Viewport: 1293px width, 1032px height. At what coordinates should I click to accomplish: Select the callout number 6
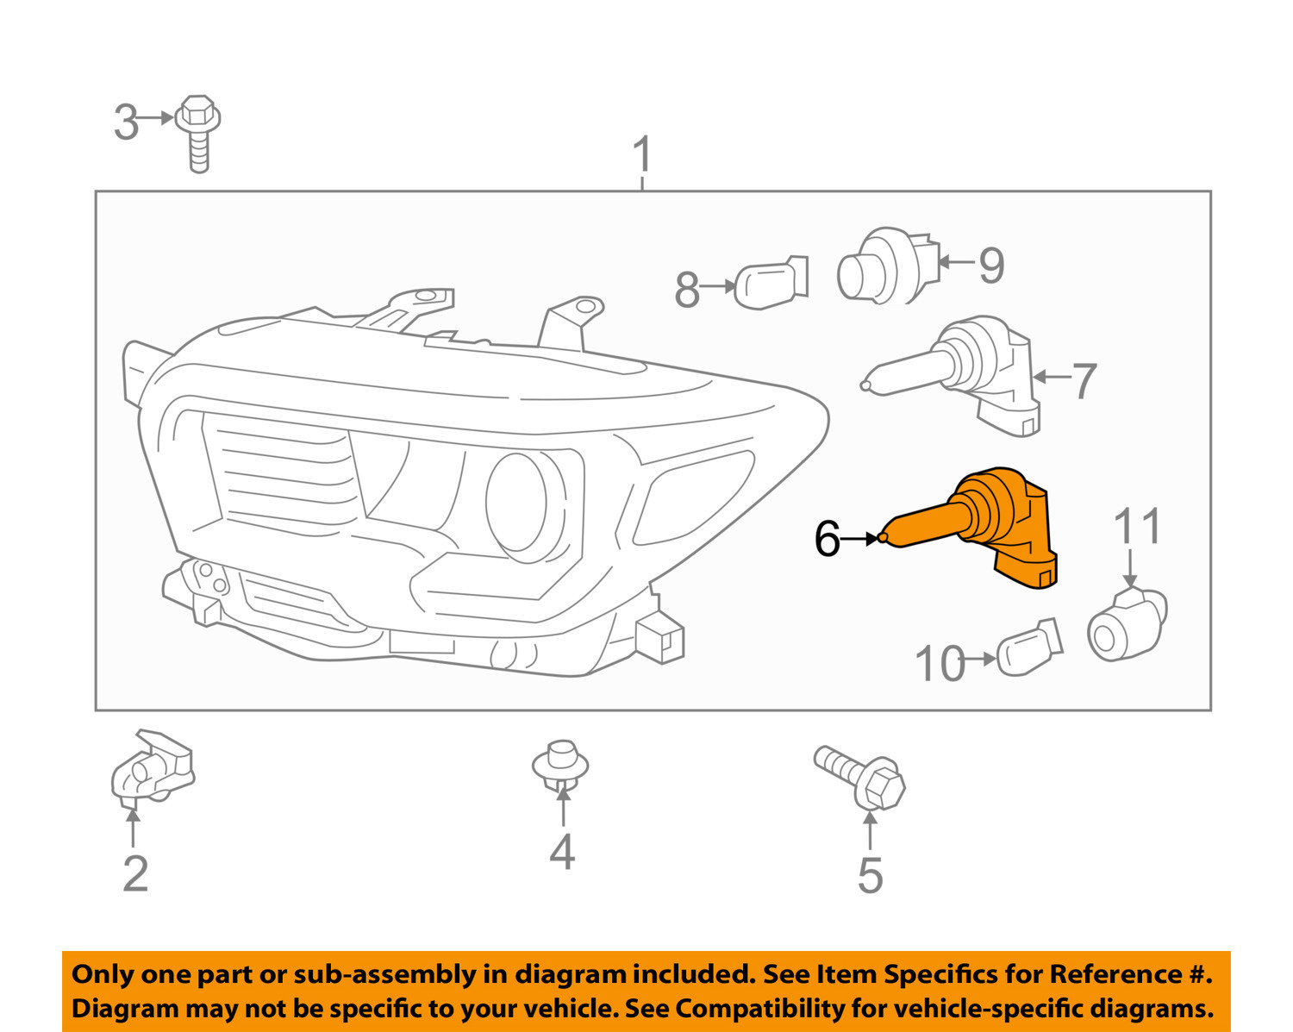coord(827,540)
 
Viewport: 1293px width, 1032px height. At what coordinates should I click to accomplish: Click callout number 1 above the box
coord(642,155)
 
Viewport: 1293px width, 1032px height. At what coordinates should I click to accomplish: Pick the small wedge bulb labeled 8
coord(769,282)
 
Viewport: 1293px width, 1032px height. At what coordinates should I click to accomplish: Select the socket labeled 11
coord(1127,624)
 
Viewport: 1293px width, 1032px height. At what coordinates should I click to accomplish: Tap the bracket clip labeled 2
coord(151,767)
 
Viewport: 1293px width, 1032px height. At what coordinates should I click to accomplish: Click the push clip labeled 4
coord(561,763)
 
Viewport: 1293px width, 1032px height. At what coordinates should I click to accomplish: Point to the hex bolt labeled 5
coord(862,776)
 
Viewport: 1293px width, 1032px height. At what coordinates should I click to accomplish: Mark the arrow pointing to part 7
coord(1051,376)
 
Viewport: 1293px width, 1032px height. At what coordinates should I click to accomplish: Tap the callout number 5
coord(870,875)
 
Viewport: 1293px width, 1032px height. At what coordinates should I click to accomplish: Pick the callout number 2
coord(135,873)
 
